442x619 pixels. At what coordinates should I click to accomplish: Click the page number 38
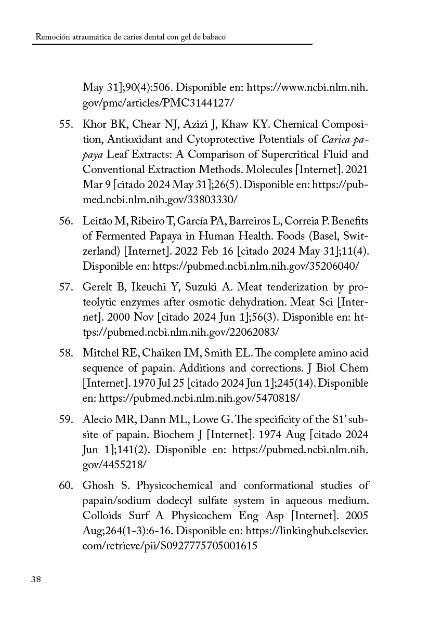pyautogui.click(x=36, y=580)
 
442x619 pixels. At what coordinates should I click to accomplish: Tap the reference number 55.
pyautogui.click(x=65, y=125)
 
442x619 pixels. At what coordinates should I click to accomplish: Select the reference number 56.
pyautogui.click(x=65, y=221)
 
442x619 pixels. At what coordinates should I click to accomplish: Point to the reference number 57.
pyautogui.click(x=65, y=287)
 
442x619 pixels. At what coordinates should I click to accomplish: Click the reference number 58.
pyautogui.click(x=65, y=353)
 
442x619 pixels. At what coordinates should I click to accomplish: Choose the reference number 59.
pyautogui.click(x=65, y=419)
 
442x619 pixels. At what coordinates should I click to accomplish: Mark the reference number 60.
pyautogui.click(x=65, y=485)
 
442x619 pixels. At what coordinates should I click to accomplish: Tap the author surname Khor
pyautogui.click(x=93, y=125)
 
